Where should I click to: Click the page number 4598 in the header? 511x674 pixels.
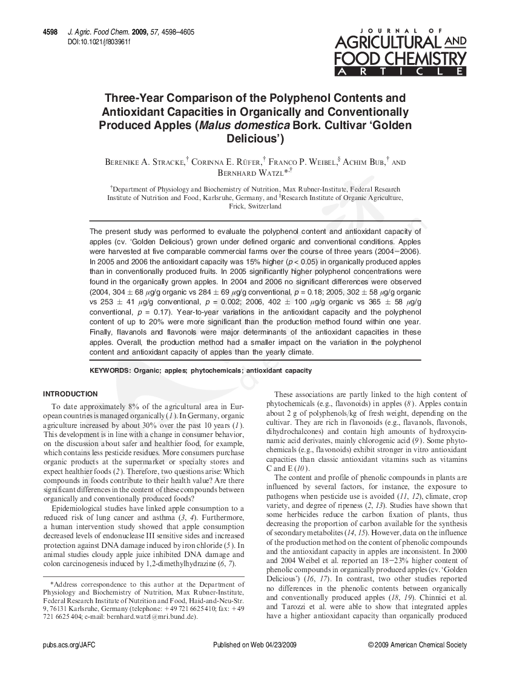pos(50,32)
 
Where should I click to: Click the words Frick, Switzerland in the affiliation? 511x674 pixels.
pos(255,206)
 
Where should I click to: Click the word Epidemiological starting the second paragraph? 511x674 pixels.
pos(81,508)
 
